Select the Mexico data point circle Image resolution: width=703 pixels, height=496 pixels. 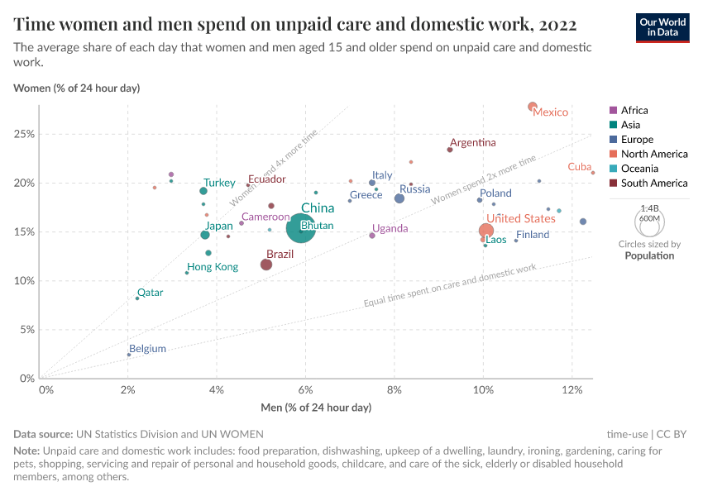[x=533, y=107]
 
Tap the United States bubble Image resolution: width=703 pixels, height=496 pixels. [x=486, y=231]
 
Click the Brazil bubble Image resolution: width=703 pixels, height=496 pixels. [x=266, y=265]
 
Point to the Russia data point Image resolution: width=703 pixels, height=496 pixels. [x=399, y=198]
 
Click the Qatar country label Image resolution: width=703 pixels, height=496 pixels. [x=150, y=292]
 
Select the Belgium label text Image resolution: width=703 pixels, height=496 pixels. [x=147, y=349]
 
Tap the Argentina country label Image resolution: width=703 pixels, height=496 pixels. [x=472, y=142]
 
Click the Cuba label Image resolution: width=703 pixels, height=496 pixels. [x=579, y=167]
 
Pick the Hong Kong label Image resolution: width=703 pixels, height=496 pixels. [x=213, y=267]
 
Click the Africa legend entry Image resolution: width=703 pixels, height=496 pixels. [x=634, y=110]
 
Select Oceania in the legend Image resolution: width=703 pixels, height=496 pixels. [x=638, y=169]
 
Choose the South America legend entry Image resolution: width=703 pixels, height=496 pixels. [x=653, y=184]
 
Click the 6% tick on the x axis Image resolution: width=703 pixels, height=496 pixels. [x=306, y=390]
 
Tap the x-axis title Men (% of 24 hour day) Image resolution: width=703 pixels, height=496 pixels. [x=316, y=408]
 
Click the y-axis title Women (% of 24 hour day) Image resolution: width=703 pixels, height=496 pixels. [x=77, y=88]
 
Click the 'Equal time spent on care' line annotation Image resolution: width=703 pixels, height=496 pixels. [x=450, y=286]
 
